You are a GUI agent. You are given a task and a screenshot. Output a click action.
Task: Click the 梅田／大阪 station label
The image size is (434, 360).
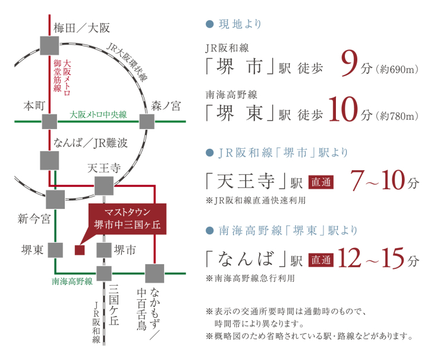[81, 27]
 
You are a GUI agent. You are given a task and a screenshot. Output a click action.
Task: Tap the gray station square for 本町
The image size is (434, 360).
[50, 122]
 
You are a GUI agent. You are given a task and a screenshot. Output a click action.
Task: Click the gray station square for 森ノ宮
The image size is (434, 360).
[146, 121]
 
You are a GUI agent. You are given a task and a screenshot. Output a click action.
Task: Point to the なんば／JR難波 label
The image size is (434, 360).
[90, 143]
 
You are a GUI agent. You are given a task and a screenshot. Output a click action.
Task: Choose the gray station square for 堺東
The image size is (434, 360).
[56, 250]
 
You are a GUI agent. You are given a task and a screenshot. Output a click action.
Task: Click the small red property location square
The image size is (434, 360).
[80, 250]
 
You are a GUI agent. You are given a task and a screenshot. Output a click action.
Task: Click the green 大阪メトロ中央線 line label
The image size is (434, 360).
[98, 114]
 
